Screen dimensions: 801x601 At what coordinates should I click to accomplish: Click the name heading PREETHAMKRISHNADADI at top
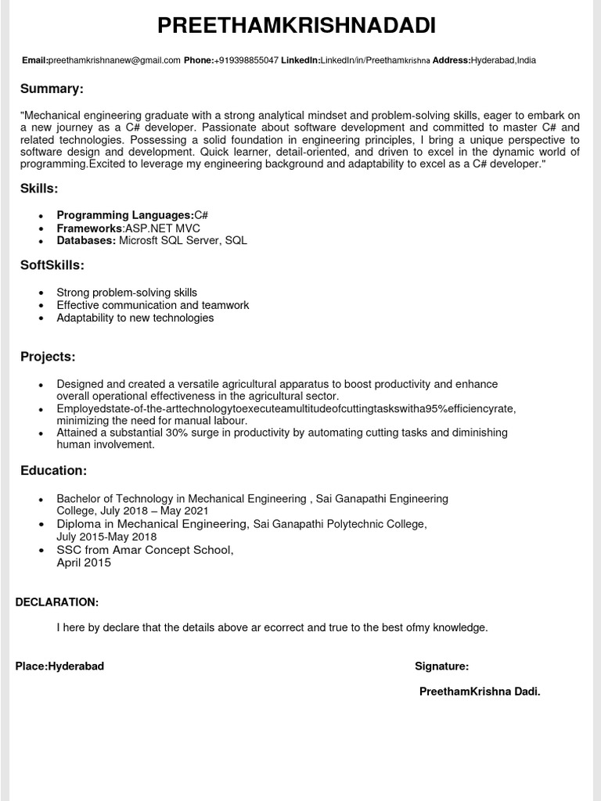[x=297, y=26]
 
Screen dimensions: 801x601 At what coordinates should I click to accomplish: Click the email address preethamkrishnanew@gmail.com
[x=114, y=60]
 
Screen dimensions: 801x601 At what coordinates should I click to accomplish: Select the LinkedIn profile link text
[x=375, y=60]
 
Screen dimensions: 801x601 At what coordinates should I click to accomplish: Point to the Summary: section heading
[x=52, y=88]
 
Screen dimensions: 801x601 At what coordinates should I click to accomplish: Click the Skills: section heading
[x=39, y=189]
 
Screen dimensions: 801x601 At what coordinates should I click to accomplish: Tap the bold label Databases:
[x=86, y=240]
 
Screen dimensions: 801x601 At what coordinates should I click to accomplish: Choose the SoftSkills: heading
[x=52, y=265]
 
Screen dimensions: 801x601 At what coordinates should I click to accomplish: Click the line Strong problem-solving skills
[x=127, y=293]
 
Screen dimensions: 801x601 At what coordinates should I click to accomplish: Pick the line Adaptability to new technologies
[x=135, y=318]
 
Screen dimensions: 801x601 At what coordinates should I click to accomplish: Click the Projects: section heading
[x=48, y=357]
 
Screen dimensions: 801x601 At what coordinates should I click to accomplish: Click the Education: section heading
[x=53, y=470]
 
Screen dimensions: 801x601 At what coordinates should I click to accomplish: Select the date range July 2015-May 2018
[x=106, y=537]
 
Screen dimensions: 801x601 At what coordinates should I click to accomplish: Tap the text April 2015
[x=84, y=562]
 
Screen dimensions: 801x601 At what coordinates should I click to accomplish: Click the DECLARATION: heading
[x=57, y=602]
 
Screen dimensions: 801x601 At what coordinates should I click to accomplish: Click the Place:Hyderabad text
[x=59, y=666]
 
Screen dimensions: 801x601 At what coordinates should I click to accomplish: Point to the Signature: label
[x=441, y=666]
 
